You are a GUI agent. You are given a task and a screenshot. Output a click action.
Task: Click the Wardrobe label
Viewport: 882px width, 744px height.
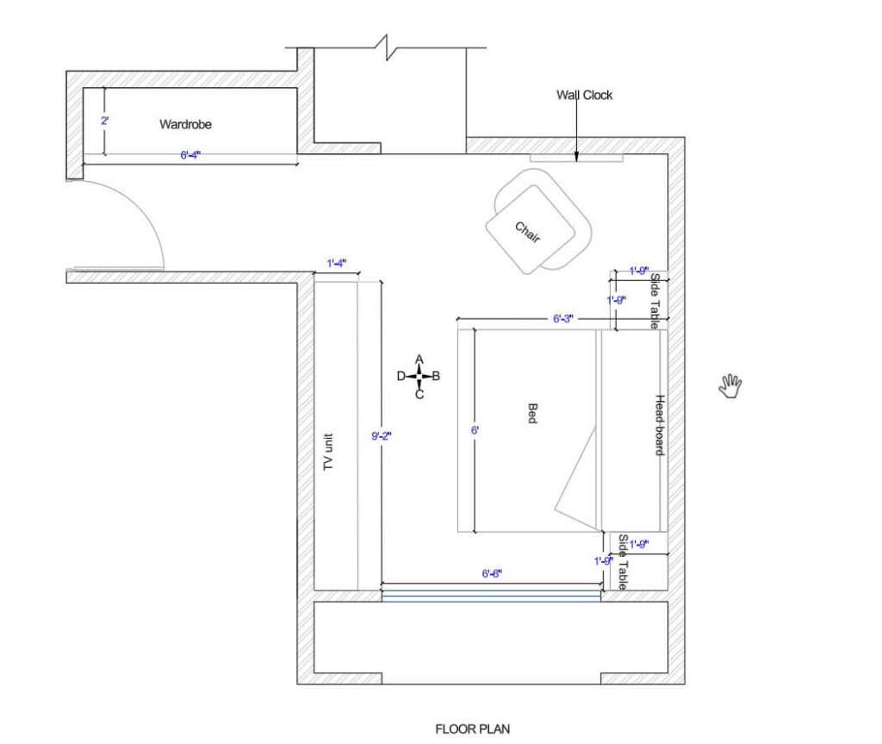click(x=185, y=124)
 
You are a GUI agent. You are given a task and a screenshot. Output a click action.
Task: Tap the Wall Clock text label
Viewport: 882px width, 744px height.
click(x=585, y=95)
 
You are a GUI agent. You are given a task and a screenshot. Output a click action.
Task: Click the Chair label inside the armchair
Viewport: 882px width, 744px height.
click(x=528, y=232)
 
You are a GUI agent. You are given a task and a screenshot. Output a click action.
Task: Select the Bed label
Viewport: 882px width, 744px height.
click(x=532, y=414)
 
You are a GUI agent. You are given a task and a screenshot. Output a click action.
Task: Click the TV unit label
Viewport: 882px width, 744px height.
click(x=328, y=452)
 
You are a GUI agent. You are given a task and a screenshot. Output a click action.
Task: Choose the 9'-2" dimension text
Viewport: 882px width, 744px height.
click(x=382, y=436)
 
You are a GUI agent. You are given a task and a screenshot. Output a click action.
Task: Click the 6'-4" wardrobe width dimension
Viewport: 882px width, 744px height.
click(x=190, y=155)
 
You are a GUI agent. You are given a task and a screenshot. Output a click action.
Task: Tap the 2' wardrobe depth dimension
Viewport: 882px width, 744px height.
click(x=104, y=121)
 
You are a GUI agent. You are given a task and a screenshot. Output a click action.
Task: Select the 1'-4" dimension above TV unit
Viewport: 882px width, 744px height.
click(x=337, y=263)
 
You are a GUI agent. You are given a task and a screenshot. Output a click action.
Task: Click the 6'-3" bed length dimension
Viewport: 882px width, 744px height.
click(x=563, y=319)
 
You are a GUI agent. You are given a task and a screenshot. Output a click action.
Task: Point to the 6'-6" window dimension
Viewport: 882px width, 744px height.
click(x=492, y=574)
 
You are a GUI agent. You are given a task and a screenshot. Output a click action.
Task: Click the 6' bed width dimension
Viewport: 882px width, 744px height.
click(x=475, y=430)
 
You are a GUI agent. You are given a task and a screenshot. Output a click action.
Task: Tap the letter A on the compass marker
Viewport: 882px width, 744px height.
click(x=419, y=359)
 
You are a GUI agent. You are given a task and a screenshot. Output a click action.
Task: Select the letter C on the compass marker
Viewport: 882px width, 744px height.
click(x=419, y=395)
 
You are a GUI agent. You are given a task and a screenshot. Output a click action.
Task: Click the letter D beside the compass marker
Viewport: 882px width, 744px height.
click(x=401, y=376)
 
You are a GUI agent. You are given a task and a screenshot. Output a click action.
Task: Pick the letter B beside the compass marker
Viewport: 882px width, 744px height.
click(x=436, y=376)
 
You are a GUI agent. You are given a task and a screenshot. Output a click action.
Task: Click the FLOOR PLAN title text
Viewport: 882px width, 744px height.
click(x=473, y=729)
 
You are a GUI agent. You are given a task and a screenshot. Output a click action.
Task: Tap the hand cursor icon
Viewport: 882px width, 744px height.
click(x=730, y=386)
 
